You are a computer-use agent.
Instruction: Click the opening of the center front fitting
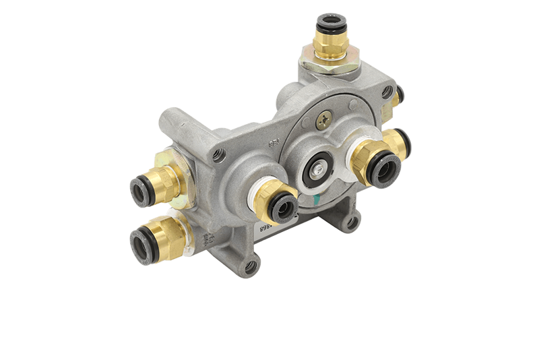point(282,208)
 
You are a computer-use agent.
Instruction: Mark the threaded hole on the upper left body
point(218,155)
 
